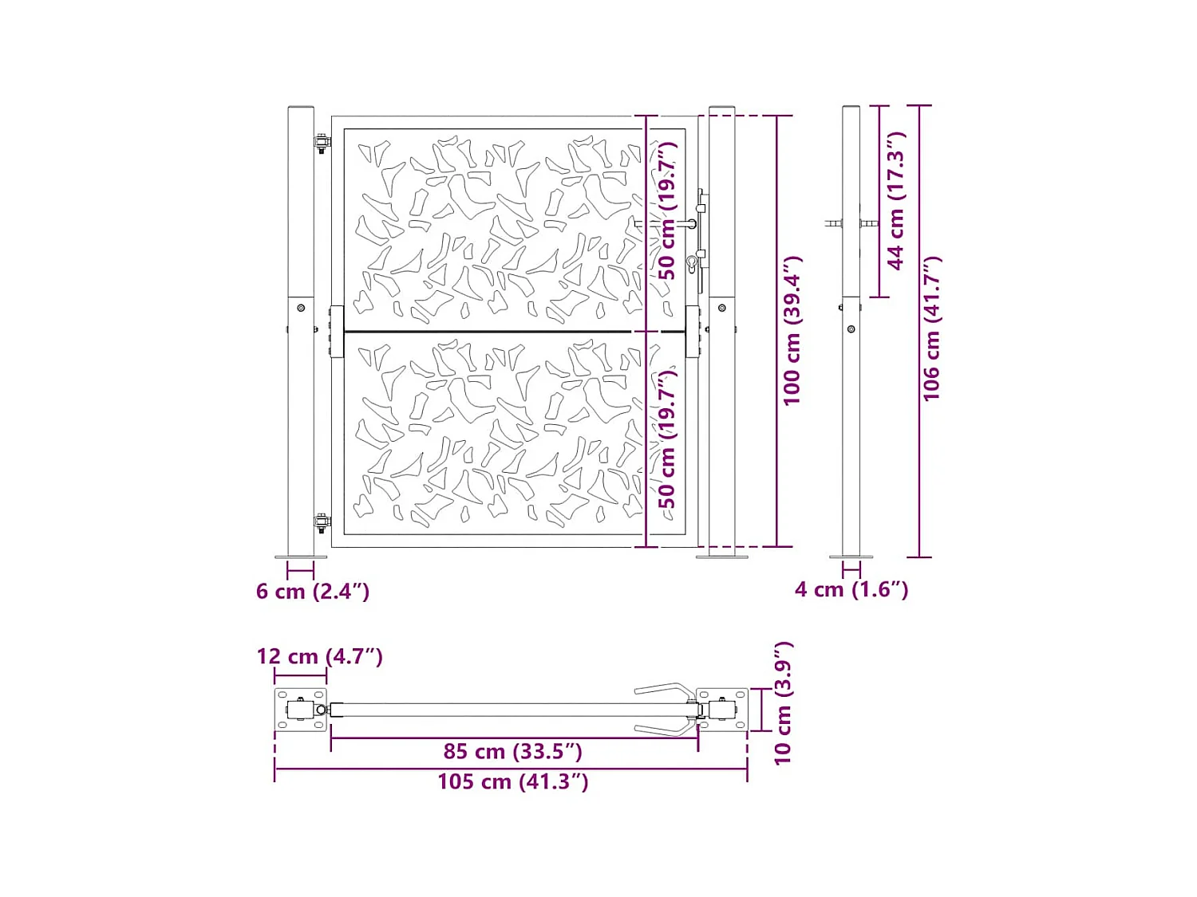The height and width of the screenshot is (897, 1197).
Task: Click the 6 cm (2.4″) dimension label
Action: tap(312, 592)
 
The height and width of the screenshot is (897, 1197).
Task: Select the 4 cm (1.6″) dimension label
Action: tap(851, 589)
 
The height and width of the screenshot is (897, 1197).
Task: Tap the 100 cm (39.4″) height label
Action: tap(792, 331)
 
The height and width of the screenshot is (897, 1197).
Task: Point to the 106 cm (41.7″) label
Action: tap(931, 329)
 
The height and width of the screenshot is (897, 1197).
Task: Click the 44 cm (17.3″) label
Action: tap(896, 201)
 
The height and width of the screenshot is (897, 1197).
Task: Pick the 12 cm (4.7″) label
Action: tap(319, 656)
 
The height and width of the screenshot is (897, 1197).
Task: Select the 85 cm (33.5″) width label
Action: tap(512, 751)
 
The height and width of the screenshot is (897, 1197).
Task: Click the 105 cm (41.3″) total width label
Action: tap(512, 781)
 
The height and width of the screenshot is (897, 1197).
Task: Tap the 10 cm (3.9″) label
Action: tap(783, 703)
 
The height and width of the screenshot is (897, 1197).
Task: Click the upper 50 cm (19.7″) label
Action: tap(667, 211)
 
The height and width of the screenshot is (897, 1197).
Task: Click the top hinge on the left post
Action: tap(322, 144)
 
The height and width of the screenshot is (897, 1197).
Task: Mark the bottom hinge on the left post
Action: tap(322, 524)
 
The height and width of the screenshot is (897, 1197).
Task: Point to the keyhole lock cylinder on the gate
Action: tap(692, 262)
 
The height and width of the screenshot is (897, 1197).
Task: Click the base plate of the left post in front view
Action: tap(301, 557)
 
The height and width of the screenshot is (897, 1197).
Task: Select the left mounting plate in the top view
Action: tap(301, 710)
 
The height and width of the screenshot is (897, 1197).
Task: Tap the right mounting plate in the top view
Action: tap(723, 710)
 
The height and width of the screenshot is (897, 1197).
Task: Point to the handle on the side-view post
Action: tap(835, 224)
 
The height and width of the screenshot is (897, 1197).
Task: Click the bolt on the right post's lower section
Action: tap(722, 308)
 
